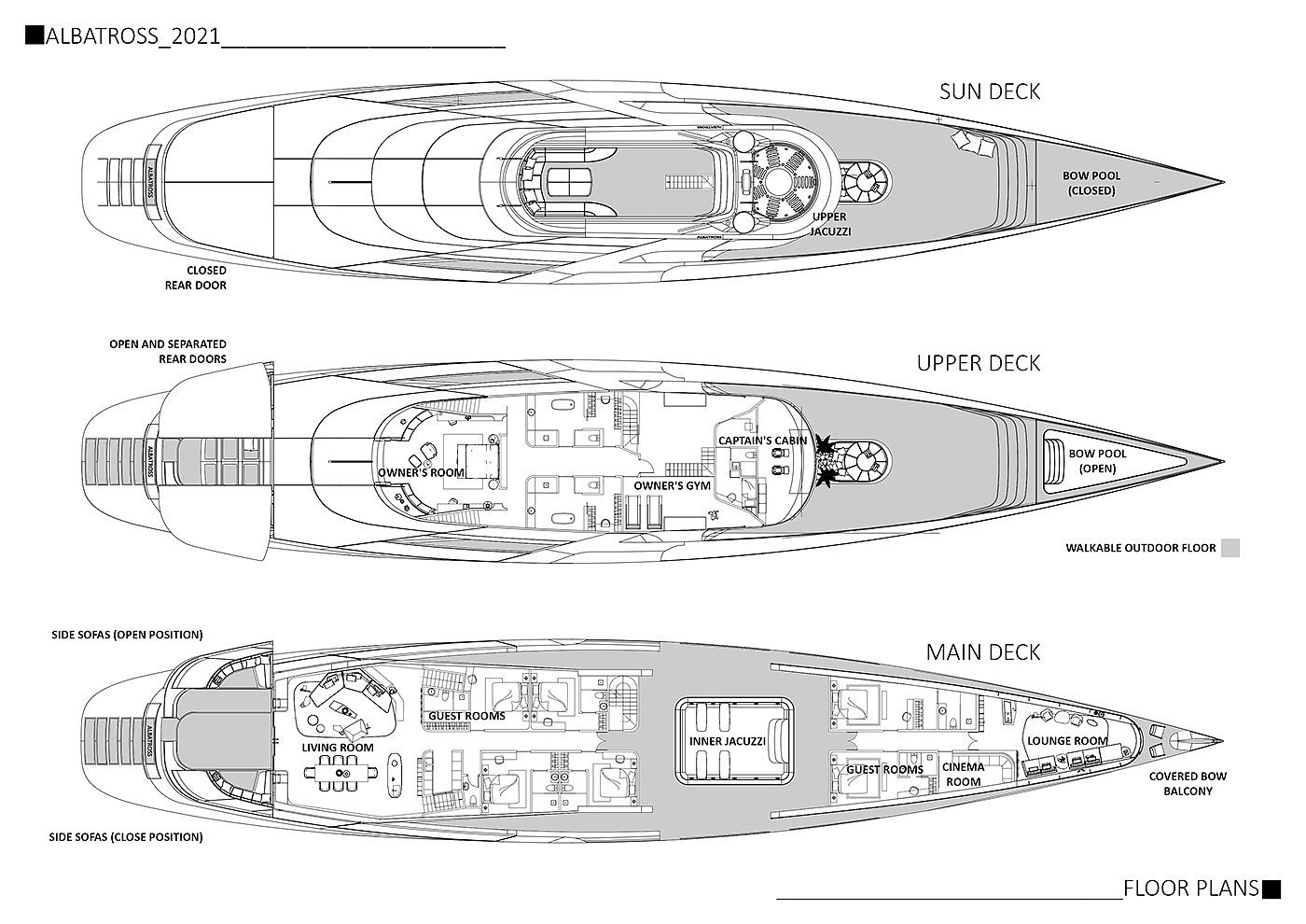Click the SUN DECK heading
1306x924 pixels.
(989, 91)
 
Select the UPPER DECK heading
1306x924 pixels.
(978, 363)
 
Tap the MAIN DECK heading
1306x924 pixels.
(982, 652)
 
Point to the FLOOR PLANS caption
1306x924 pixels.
(1191, 888)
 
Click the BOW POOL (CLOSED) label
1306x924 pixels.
(1091, 183)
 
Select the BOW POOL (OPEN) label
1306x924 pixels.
(1097, 461)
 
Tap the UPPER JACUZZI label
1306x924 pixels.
(829, 224)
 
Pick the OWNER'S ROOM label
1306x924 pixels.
(421, 472)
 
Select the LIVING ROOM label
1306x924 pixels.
(337, 748)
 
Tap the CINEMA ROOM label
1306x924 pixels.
(963, 775)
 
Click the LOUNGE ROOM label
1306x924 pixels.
(1066, 741)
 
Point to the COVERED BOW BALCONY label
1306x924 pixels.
(1187, 783)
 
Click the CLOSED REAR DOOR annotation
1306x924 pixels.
(195, 277)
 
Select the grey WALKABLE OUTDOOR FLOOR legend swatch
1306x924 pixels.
(1230, 548)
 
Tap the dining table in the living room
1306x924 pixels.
(337, 774)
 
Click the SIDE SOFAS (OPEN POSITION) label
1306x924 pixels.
(127, 635)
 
